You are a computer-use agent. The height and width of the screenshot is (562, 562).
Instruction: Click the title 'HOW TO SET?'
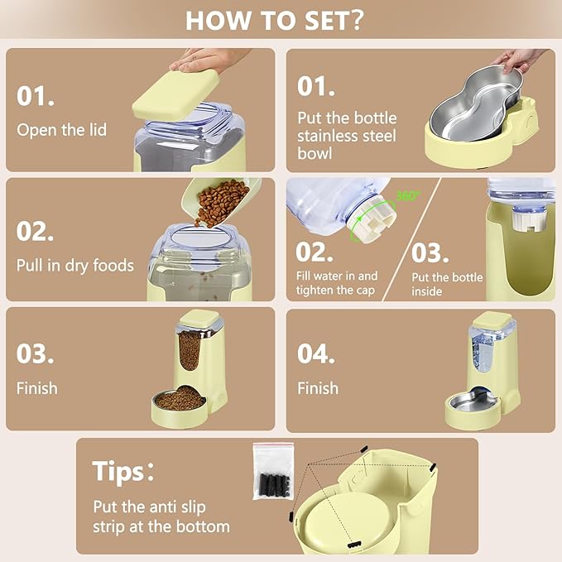tap(274, 20)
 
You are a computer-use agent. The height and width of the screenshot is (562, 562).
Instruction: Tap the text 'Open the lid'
tap(61, 130)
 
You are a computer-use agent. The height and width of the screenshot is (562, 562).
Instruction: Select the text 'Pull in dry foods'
tap(74, 266)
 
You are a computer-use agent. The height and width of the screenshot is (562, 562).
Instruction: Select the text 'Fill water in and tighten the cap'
tap(337, 282)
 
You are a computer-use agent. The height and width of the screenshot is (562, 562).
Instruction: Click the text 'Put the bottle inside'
tap(447, 284)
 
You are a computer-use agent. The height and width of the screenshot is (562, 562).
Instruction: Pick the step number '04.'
tap(317, 353)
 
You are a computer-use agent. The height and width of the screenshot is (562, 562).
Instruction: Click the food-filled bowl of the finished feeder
tap(180, 401)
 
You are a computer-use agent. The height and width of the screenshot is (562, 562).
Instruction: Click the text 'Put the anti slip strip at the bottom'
tap(161, 516)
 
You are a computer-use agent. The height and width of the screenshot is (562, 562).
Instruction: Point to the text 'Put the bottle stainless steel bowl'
tap(347, 135)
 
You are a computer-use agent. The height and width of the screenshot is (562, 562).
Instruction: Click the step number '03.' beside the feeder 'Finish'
tap(36, 353)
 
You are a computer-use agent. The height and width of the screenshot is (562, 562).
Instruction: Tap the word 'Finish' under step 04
tap(318, 387)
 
